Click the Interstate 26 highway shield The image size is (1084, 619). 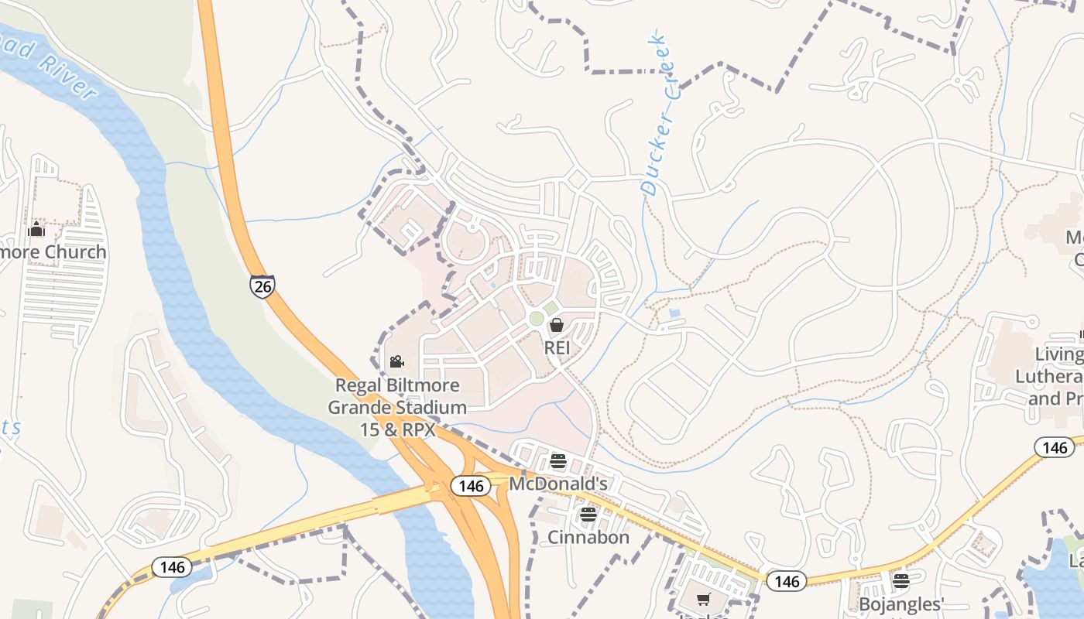click(262, 286)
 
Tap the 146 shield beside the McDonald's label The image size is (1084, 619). click(471, 486)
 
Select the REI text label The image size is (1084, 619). click(557, 348)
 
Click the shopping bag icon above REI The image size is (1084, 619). click(556, 326)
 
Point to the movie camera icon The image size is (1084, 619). click(396, 362)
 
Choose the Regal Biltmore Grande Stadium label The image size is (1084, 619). click(397, 407)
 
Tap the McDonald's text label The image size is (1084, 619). click(557, 484)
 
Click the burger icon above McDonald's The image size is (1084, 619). click(558, 462)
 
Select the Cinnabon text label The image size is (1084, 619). click(588, 537)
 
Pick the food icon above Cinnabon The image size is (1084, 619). click(588, 515)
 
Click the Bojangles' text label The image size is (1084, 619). click(900, 604)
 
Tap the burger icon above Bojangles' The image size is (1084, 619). click(900, 581)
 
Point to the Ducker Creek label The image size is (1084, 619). click(660, 113)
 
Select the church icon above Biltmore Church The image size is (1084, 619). click(36, 230)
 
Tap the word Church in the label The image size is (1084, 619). click(75, 252)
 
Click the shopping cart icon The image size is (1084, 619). click(703, 599)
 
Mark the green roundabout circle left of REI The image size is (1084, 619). click(536, 319)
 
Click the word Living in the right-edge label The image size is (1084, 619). click(1059, 355)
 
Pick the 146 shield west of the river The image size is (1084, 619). click(172, 567)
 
